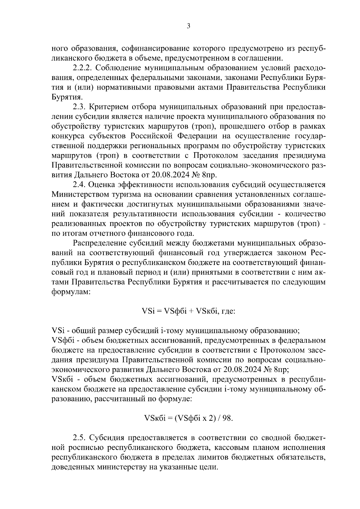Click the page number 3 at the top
point(188,26)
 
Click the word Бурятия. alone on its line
point(67,97)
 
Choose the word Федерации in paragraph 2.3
point(198,136)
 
